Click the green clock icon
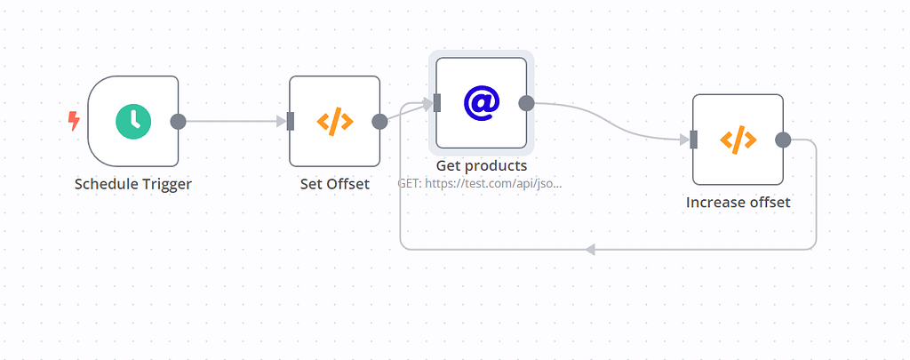(133, 122)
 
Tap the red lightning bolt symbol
(74, 122)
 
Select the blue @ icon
(481, 103)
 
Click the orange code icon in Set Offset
(334, 122)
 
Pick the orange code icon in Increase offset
(738, 140)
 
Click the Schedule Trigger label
(133, 184)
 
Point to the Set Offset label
(335, 184)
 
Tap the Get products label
(482, 165)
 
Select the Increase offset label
(738, 203)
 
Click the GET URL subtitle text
(480, 183)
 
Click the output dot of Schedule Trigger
(178, 122)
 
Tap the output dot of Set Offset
(379, 122)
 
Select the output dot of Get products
(526, 103)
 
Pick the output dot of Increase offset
(783, 140)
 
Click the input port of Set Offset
(291, 122)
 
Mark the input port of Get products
(437, 103)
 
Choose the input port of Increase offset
(693, 140)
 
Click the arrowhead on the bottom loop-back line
(590, 250)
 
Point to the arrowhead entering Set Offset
(282, 122)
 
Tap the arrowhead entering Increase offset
(685, 140)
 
